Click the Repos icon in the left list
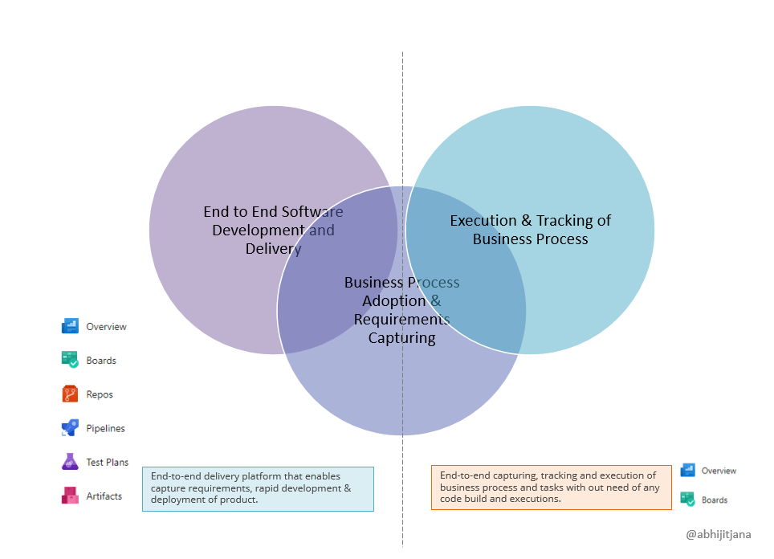(x=70, y=394)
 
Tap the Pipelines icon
(x=70, y=428)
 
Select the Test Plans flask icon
(x=70, y=462)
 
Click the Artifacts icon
(x=70, y=496)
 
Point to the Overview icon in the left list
(x=70, y=326)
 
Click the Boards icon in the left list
(x=70, y=360)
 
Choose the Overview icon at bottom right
(x=688, y=470)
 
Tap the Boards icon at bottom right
(x=688, y=500)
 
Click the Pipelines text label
(x=106, y=429)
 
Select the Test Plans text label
(x=108, y=463)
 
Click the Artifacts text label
(x=104, y=496)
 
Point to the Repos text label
(x=100, y=395)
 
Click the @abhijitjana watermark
(x=719, y=533)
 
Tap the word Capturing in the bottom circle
(x=401, y=338)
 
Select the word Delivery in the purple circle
(x=273, y=249)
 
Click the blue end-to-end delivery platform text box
(x=258, y=488)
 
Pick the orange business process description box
(x=551, y=488)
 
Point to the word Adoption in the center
(x=393, y=301)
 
